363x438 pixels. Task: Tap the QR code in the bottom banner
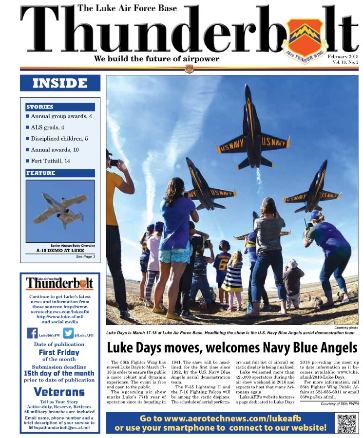click(346, 423)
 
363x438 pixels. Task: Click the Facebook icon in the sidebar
click(32, 333)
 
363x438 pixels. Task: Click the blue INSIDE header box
click(60, 83)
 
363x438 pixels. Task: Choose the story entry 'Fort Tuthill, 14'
click(50, 161)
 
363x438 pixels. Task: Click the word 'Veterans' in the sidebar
click(59, 392)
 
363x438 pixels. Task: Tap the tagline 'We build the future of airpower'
click(156, 59)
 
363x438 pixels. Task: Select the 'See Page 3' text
click(85, 256)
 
